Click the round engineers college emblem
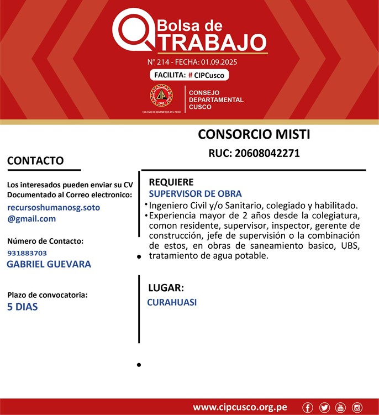pos(161,96)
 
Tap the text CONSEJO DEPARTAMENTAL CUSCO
pos(216,100)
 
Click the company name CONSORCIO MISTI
pos(254,134)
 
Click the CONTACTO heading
pos(35,161)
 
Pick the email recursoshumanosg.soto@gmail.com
pos(54,213)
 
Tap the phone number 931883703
pos(27,253)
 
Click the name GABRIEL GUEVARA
pos(49,264)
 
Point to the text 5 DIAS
pos(23,306)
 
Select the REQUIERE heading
pos(171,182)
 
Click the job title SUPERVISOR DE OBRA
pos(195,194)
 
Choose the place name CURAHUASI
pos(172,302)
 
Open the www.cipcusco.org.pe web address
pos(240,407)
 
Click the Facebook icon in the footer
pos(308,408)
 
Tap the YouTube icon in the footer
pos(340,408)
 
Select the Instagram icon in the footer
pos(357,408)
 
